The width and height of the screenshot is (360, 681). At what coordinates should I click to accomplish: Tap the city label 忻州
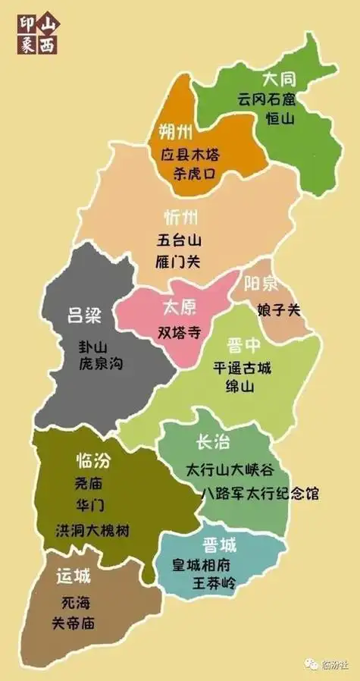click(181, 218)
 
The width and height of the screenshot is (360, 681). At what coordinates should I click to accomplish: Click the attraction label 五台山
click(178, 242)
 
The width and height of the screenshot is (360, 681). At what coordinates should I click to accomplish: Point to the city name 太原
click(180, 308)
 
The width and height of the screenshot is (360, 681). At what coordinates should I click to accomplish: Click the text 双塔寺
click(180, 331)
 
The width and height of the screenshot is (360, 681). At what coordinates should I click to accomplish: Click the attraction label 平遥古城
click(242, 369)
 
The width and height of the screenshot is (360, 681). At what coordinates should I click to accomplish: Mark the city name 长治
click(213, 442)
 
